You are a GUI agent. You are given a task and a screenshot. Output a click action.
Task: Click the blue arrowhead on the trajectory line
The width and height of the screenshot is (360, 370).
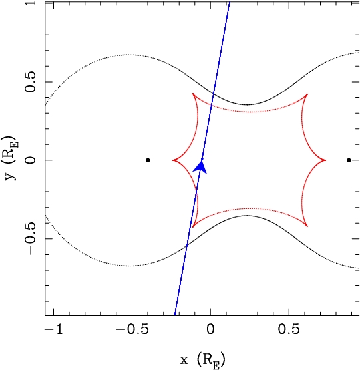[x=201, y=166]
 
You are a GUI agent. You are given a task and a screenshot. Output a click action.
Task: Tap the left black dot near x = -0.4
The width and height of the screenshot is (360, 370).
[x=148, y=160]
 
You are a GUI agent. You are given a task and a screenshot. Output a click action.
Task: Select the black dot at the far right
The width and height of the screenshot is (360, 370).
[x=349, y=160]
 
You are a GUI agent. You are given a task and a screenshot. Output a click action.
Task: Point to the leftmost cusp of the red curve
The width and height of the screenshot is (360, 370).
[x=173, y=160]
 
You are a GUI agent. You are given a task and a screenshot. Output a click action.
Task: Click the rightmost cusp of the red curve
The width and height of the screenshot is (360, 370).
[x=325, y=160]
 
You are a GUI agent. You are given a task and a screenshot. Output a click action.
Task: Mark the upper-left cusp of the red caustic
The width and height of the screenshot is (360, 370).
[x=193, y=94]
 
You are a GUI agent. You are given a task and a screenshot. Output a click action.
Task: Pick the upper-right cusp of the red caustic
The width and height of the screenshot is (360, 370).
[x=307, y=94]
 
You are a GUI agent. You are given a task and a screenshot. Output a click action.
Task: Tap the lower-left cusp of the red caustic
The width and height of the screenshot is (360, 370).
[x=193, y=227]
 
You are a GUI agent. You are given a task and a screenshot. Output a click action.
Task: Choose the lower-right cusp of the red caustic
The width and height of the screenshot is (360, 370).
[x=307, y=226]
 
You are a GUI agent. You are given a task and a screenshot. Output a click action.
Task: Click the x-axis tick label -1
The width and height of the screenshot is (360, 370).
[x=54, y=329]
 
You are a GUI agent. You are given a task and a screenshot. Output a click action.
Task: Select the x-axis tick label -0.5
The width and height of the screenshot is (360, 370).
[x=132, y=329]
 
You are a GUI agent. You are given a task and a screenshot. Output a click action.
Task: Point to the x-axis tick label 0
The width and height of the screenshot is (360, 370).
[x=210, y=329]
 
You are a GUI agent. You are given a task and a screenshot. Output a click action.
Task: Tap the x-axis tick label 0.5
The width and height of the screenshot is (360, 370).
[x=289, y=329]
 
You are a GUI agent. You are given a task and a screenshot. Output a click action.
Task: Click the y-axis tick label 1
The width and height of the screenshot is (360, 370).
[x=31, y=3]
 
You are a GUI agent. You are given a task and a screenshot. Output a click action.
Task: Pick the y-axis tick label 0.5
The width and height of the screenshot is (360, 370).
[x=31, y=82]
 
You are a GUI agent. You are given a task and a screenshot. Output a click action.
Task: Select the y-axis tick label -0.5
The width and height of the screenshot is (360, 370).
[x=31, y=238]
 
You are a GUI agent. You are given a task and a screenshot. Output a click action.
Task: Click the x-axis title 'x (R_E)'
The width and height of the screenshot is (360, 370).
[x=203, y=360]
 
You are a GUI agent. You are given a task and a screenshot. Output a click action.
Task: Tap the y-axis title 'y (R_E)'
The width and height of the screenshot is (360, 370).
[x=11, y=158]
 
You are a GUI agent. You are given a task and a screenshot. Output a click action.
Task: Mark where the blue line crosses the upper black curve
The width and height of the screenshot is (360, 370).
[x=214, y=94]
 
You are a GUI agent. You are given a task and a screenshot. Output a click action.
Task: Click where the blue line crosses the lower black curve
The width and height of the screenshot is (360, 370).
[x=187, y=246]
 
